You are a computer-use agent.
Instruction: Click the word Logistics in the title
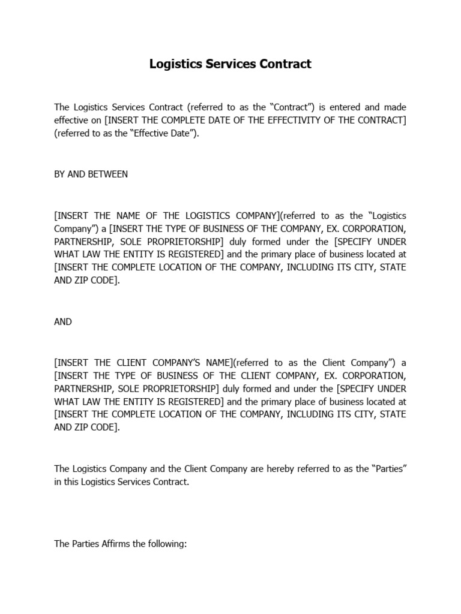click(175, 64)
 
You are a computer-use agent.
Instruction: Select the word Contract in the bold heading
click(287, 64)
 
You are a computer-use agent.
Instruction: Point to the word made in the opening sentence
click(395, 107)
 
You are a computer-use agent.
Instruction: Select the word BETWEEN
click(109, 174)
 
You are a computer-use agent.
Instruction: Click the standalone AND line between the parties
click(63, 322)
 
